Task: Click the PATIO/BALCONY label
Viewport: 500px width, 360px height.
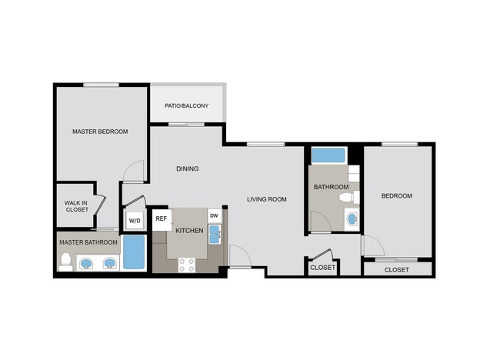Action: pyautogui.click(x=187, y=105)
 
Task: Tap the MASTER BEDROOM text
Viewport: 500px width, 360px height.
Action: pyautogui.click(x=100, y=132)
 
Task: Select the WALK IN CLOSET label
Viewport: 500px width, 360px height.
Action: pyautogui.click(x=76, y=206)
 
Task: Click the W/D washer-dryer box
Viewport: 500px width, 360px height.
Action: pyautogui.click(x=135, y=221)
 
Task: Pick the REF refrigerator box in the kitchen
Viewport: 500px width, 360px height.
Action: pyautogui.click(x=161, y=218)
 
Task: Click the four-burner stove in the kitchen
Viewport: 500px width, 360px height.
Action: pyautogui.click(x=186, y=265)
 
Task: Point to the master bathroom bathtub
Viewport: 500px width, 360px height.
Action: pyautogui.click(x=134, y=252)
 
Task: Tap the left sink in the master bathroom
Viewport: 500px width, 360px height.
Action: pyautogui.click(x=86, y=263)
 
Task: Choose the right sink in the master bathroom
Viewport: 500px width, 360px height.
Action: pyautogui.click(x=109, y=263)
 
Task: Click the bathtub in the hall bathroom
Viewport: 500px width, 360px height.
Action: pyautogui.click(x=328, y=155)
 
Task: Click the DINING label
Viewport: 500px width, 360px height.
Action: pyautogui.click(x=187, y=169)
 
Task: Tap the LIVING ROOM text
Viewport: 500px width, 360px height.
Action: pyautogui.click(x=266, y=199)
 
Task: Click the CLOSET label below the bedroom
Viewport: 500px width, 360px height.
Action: pyautogui.click(x=396, y=270)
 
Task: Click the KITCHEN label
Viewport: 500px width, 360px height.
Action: pyautogui.click(x=189, y=231)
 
